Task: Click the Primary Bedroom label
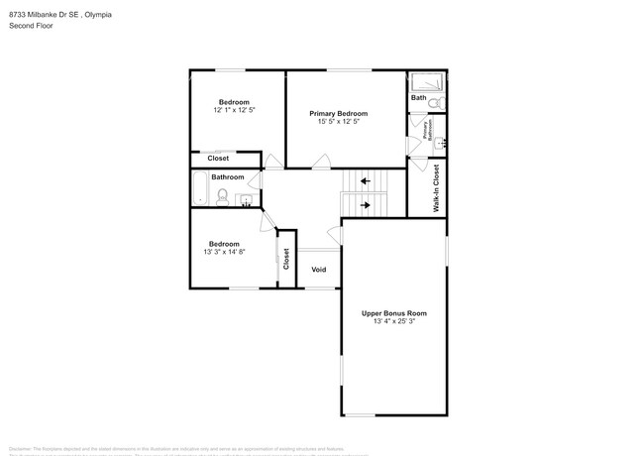pyautogui.click(x=338, y=113)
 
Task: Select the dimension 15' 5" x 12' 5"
pyautogui.click(x=338, y=122)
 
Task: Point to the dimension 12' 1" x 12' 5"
pyautogui.click(x=234, y=110)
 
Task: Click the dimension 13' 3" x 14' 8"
pyautogui.click(x=223, y=252)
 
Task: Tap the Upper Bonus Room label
pyautogui.click(x=393, y=313)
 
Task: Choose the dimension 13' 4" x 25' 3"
pyautogui.click(x=393, y=322)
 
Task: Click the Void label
pyautogui.click(x=319, y=269)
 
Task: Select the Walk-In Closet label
pyautogui.click(x=436, y=188)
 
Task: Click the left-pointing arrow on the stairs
pyautogui.click(x=366, y=181)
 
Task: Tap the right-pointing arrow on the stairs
pyautogui.click(x=366, y=205)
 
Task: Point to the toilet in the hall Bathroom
pyautogui.click(x=224, y=196)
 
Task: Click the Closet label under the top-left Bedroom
pyautogui.click(x=218, y=159)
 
